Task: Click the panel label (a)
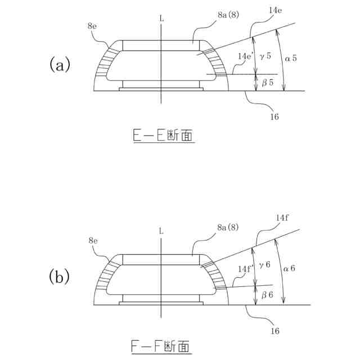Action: [60, 65]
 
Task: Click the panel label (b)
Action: [60, 277]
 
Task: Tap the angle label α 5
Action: [291, 58]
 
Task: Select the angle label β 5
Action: [268, 82]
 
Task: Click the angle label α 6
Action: [290, 268]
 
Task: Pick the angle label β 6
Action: [268, 295]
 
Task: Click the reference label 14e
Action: [276, 11]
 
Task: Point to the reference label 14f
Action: [282, 218]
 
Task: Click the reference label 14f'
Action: [246, 269]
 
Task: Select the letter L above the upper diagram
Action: [162, 18]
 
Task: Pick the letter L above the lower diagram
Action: [162, 231]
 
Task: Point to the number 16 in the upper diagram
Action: [275, 116]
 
